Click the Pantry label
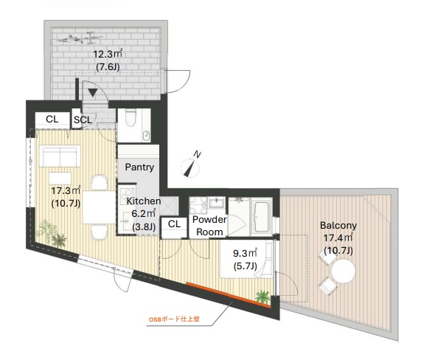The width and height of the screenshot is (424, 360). tap(139, 167)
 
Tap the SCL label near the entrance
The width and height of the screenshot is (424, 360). tap(83, 120)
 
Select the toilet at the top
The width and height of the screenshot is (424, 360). tap(131, 117)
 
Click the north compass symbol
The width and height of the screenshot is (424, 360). tap(191, 166)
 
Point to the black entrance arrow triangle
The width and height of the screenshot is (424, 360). tap(93, 93)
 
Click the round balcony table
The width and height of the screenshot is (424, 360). tap(343, 271)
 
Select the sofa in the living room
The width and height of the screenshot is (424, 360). tap(60, 156)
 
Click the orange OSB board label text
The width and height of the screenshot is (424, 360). tap(175, 319)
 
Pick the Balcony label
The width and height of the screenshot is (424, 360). tap(338, 225)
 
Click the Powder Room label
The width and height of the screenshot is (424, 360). tap(209, 226)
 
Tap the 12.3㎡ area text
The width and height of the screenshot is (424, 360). tap(108, 54)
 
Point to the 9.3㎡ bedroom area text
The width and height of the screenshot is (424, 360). tap(245, 254)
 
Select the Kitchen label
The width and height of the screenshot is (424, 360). tap(144, 201)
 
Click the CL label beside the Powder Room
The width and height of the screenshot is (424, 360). tap(174, 224)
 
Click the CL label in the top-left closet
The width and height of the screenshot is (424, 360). tap(52, 119)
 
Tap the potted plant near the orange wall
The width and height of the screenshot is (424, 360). tap(263, 297)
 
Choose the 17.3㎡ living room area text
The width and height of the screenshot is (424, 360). tap(66, 190)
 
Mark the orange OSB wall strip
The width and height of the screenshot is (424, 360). tap(229, 295)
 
